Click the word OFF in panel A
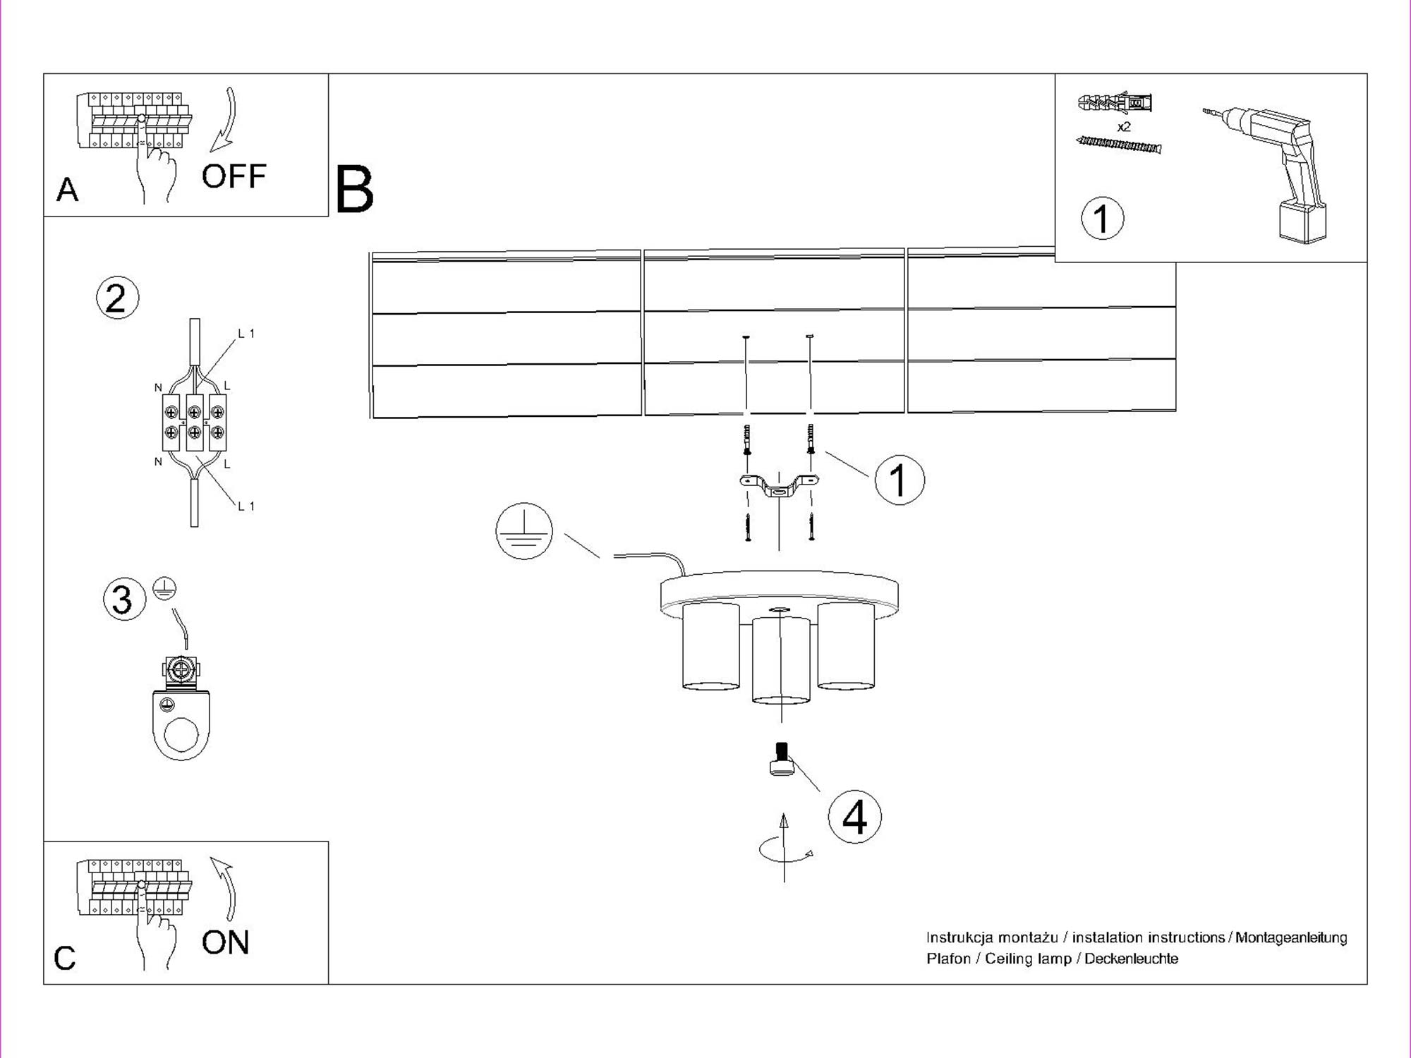pos(234,176)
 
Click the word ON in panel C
pos(225,942)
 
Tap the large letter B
pos(354,189)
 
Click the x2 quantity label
pos(1124,127)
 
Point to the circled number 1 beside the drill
pos(1102,218)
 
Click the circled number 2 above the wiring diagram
pos(117,298)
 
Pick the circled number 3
pos(123,600)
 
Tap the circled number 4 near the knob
pos(854,817)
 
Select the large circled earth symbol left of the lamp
pos(523,531)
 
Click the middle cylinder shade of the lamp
pos(780,660)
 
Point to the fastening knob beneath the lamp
pos(780,760)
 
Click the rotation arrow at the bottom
pos(785,849)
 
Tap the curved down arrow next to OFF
pos(226,120)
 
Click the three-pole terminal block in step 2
pos(194,422)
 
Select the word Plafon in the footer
pos(948,959)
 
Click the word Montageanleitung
pos(1291,937)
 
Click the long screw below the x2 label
pos(1119,145)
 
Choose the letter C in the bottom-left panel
pos(65,958)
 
